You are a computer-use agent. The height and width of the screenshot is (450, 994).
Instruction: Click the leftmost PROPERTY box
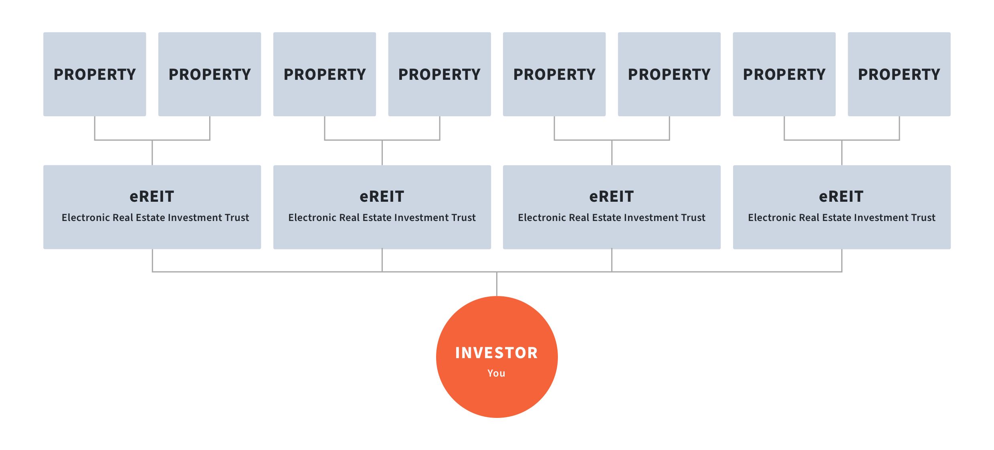pos(95,74)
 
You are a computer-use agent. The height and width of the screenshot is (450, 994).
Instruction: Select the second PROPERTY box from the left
pos(210,74)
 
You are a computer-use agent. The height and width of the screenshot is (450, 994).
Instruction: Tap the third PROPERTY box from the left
pos(325,74)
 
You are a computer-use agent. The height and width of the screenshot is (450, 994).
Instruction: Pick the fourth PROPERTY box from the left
pos(439,74)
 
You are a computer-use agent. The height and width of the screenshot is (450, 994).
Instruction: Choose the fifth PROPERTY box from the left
pos(554,74)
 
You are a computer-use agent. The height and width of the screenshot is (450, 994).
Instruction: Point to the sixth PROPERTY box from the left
pos(669,74)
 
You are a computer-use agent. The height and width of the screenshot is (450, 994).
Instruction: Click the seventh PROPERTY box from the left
pos(784,74)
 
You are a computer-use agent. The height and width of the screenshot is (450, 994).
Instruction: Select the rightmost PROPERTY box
pos(899,74)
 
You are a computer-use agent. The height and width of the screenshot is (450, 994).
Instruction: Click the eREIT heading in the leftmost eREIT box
pos(152,197)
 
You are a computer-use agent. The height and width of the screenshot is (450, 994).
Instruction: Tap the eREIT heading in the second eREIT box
pos(382,197)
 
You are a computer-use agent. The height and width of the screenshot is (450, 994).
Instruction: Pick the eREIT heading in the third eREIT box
pos(612,197)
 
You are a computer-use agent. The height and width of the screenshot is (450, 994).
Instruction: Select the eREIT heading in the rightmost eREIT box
pos(841,197)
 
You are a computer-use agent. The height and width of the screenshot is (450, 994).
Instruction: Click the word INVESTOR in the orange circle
pos(497,353)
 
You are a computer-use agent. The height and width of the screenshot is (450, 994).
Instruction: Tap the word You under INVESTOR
pos(496,373)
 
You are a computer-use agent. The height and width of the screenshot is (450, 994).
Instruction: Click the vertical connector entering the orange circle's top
pos(497,284)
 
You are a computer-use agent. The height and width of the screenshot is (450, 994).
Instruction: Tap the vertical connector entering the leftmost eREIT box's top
pos(152,152)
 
